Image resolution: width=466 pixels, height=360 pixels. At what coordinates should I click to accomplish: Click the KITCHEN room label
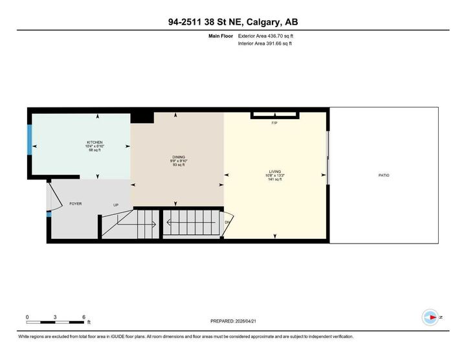point(95,142)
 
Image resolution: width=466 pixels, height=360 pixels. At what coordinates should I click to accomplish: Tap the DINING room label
point(178,157)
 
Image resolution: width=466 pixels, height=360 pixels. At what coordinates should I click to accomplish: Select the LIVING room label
point(275,172)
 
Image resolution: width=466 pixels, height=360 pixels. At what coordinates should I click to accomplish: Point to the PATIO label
point(384,175)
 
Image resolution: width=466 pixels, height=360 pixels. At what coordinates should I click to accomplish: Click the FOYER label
point(76,204)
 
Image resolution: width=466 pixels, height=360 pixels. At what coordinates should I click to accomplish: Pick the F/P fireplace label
point(274,122)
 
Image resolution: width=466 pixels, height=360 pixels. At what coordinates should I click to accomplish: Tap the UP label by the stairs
point(116,205)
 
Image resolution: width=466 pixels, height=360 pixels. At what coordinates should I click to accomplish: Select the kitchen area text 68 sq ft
point(95,150)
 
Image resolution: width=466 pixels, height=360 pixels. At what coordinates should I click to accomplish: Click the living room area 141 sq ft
point(275,179)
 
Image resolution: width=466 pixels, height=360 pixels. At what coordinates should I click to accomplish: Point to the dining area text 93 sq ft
point(178,165)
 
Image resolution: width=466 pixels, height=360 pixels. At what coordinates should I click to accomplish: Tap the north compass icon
point(429,317)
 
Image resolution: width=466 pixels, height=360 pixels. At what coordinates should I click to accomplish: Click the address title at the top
point(233,22)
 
